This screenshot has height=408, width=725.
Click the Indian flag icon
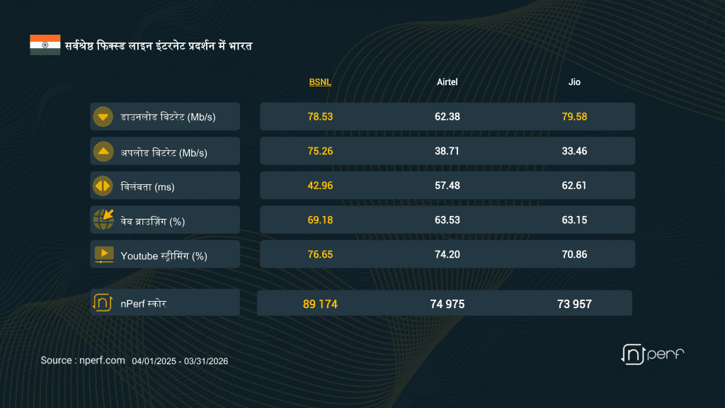pos(45,45)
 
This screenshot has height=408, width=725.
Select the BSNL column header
pos(320,82)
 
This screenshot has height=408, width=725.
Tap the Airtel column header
pos(447,82)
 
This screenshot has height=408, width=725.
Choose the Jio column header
pos(574,82)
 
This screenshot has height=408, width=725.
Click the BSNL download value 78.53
pos(320,116)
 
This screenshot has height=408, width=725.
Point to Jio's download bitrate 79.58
pos(574,116)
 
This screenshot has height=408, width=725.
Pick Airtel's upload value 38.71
pos(447,151)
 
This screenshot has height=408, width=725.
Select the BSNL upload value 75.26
pos(320,151)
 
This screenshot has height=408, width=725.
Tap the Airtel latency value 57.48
pos(447,186)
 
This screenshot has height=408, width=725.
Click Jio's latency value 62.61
pos(574,186)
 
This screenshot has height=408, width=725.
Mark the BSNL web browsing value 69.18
pos(320,220)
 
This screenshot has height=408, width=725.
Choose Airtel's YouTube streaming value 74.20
pos(447,254)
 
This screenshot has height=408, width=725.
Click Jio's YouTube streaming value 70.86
pos(574,254)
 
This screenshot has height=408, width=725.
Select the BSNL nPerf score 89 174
pos(320,304)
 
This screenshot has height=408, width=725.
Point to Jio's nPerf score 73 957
pos(574,304)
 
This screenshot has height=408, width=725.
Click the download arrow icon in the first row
pos(103,117)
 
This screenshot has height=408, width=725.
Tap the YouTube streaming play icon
pos(103,254)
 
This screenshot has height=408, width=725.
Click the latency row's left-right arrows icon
pos(103,186)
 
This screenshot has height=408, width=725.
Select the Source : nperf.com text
pos(83,361)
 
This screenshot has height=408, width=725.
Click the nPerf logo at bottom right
pos(652,353)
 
